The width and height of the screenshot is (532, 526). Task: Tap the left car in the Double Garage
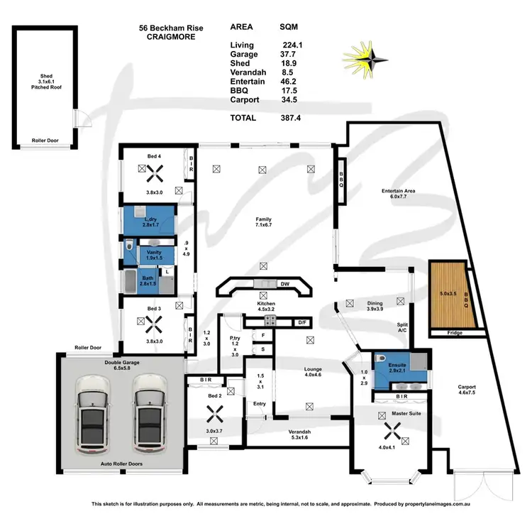[94, 418]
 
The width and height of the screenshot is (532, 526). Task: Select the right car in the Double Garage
[148, 418]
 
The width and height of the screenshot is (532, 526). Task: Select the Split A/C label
[402, 327]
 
